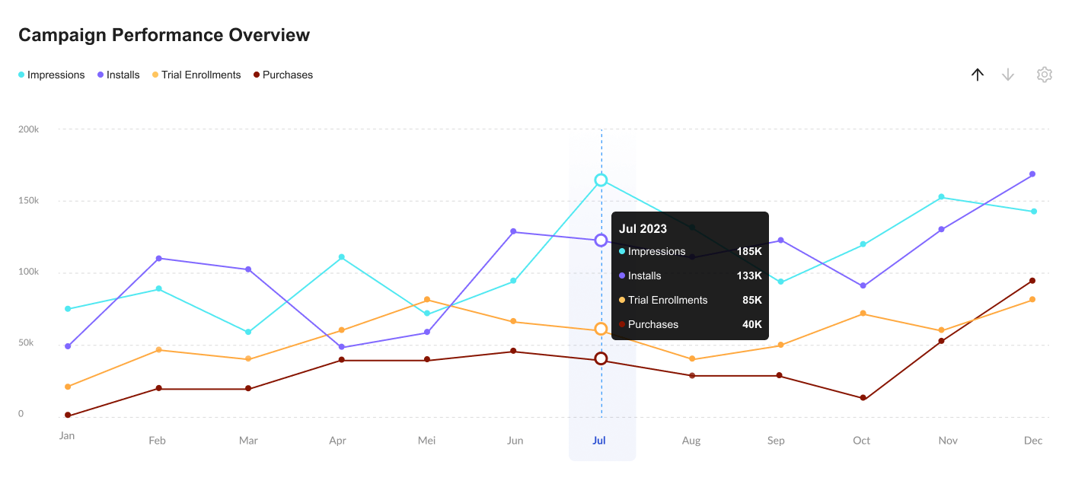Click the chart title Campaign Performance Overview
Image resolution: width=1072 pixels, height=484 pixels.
pyautogui.click(x=164, y=35)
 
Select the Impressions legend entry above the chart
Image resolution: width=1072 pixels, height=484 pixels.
pyautogui.click(x=52, y=75)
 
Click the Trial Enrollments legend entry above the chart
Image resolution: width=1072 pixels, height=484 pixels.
pyautogui.click(x=196, y=75)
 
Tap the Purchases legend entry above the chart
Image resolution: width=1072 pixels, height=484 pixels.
pyautogui.click(x=283, y=75)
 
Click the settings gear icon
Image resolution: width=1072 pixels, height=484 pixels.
pyautogui.click(x=1044, y=75)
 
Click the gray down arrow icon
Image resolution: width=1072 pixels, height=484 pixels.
pyautogui.click(x=1008, y=75)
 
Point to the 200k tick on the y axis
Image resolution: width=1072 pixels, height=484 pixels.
pyautogui.click(x=29, y=129)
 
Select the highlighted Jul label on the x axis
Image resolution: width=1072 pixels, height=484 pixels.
pyautogui.click(x=599, y=441)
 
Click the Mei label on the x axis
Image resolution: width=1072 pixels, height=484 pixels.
pyautogui.click(x=426, y=441)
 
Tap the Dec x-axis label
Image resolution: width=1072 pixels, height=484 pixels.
pyautogui.click(x=1033, y=441)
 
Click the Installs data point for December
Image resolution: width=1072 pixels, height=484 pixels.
pyautogui.click(x=1032, y=174)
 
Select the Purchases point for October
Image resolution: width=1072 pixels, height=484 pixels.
pyautogui.click(x=863, y=398)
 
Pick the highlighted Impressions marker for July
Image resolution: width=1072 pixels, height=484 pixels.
pyautogui.click(x=601, y=180)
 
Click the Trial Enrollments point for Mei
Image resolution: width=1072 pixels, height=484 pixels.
pyautogui.click(x=427, y=300)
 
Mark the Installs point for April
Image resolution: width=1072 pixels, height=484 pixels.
pyautogui.click(x=341, y=348)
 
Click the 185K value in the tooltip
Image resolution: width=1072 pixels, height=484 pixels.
pyautogui.click(x=748, y=252)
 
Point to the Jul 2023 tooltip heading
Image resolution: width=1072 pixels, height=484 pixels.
pyautogui.click(x=643, y=229)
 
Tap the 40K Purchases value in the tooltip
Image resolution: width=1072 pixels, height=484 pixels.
pyautogui.click(x=751, y=325)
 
